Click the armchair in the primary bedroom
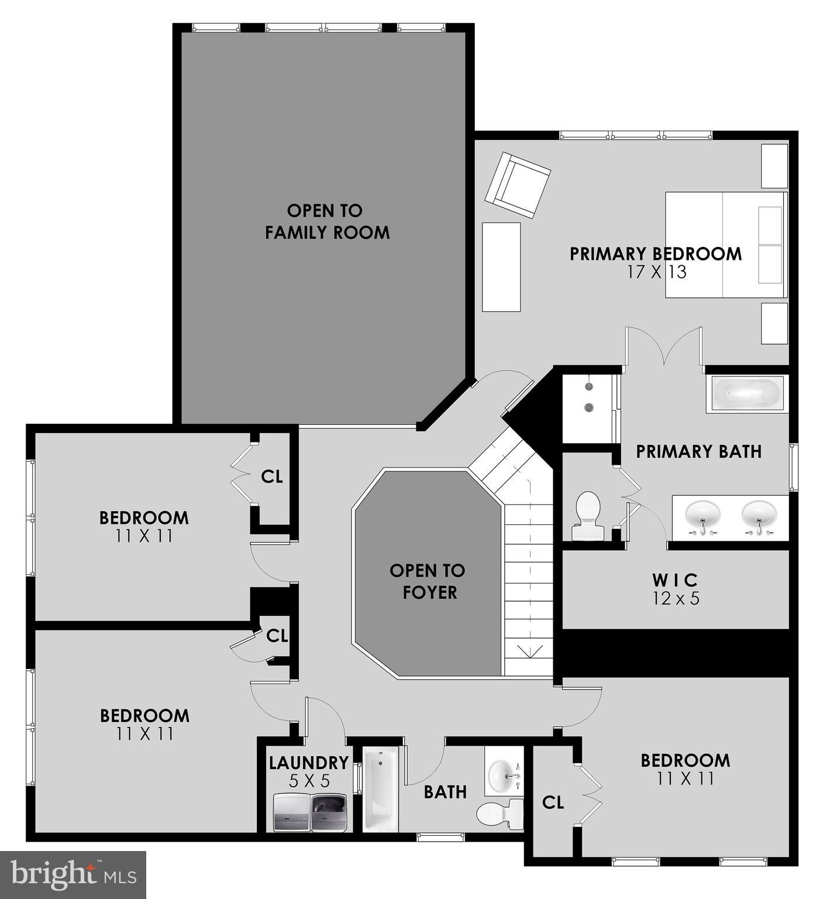pos(518,185)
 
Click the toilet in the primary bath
pos(588,516)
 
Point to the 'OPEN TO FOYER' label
pos(428,581)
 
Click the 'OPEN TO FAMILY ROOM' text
pos(326,221)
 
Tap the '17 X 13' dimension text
pos(656,272)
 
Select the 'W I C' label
pos(676,580)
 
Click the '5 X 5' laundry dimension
pos(309,780)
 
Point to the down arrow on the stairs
pos(529,650)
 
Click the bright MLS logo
pos(73,874)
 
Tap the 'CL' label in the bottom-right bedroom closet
pos(553,802)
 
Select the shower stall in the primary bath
pos(587,409)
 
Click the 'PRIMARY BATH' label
pos(698,451)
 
